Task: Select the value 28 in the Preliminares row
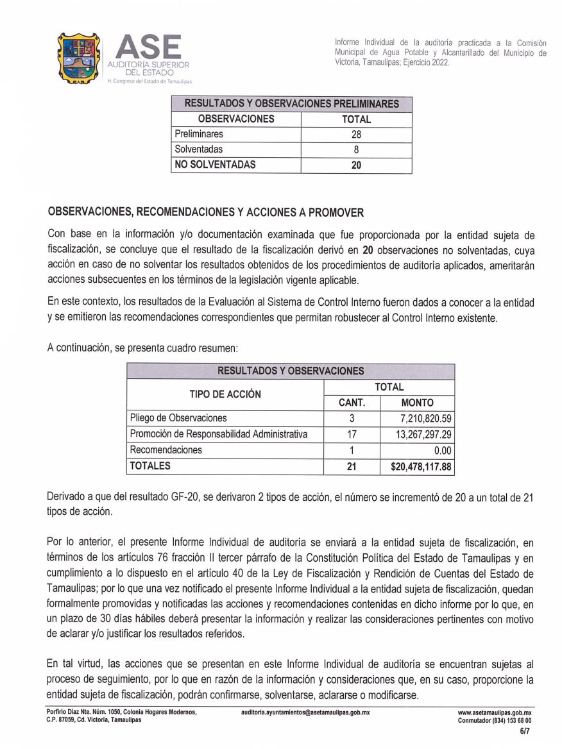tap(356, 135)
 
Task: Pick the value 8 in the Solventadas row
tap(356, 150)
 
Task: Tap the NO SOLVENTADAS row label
tap(215, 165)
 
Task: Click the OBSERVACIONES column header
tap(236, 119)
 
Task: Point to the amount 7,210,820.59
tap(425, 419)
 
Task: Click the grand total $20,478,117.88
tap(421, 467)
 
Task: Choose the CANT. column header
tap(352, 403)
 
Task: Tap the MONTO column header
tap(417, 403)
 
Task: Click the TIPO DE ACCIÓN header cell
tap(225, 394)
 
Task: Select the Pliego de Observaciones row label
tap(178, 419)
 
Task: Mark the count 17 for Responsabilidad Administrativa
tap(352, 435)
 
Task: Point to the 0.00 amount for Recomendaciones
tap(443, 451)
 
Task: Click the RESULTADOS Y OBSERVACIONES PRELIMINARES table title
tap(291, 104)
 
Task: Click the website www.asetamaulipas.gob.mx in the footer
tap(499, 712)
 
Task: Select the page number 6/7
tap(525, 730)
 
